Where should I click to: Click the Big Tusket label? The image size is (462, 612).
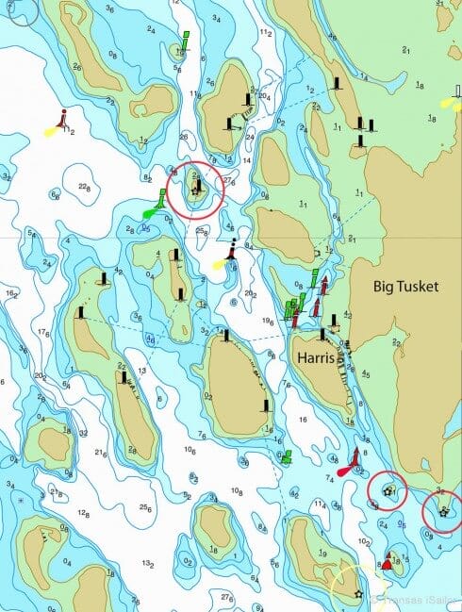click(x=405, y=287)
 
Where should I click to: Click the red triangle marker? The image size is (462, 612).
click(x=386, y=563)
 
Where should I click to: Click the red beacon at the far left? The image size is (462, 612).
click(x=62, y=118)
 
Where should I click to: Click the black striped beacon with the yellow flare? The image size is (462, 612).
click(x=231, y=251)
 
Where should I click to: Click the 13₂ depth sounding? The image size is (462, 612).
click(x=147, y=563)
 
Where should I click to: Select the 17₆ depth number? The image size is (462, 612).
click(x=42, y=331)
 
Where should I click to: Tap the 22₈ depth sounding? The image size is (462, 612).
click(x=85, y=188)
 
